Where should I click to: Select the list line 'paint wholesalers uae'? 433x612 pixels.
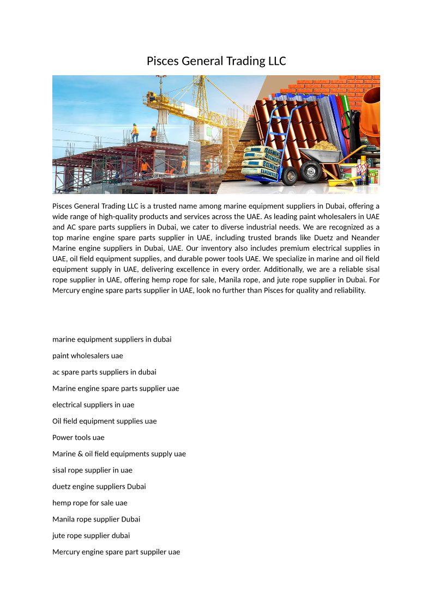click(88, 356)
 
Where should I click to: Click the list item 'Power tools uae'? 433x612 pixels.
click(78, 438)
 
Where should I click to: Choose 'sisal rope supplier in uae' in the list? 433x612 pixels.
click(92, 470)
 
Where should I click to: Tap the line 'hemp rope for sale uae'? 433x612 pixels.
click(89, 503)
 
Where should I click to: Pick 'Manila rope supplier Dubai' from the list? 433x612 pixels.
click(96, 519)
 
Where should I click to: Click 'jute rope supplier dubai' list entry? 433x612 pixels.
click(91, 536)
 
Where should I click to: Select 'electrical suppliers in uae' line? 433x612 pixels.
click(93, 405)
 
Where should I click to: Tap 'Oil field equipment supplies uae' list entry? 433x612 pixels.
click(104, 421)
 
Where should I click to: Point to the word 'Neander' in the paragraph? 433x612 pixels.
click(366, 238)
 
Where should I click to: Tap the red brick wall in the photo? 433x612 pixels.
click(327, 86)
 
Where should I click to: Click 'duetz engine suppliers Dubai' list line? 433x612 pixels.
click(99, 487)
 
